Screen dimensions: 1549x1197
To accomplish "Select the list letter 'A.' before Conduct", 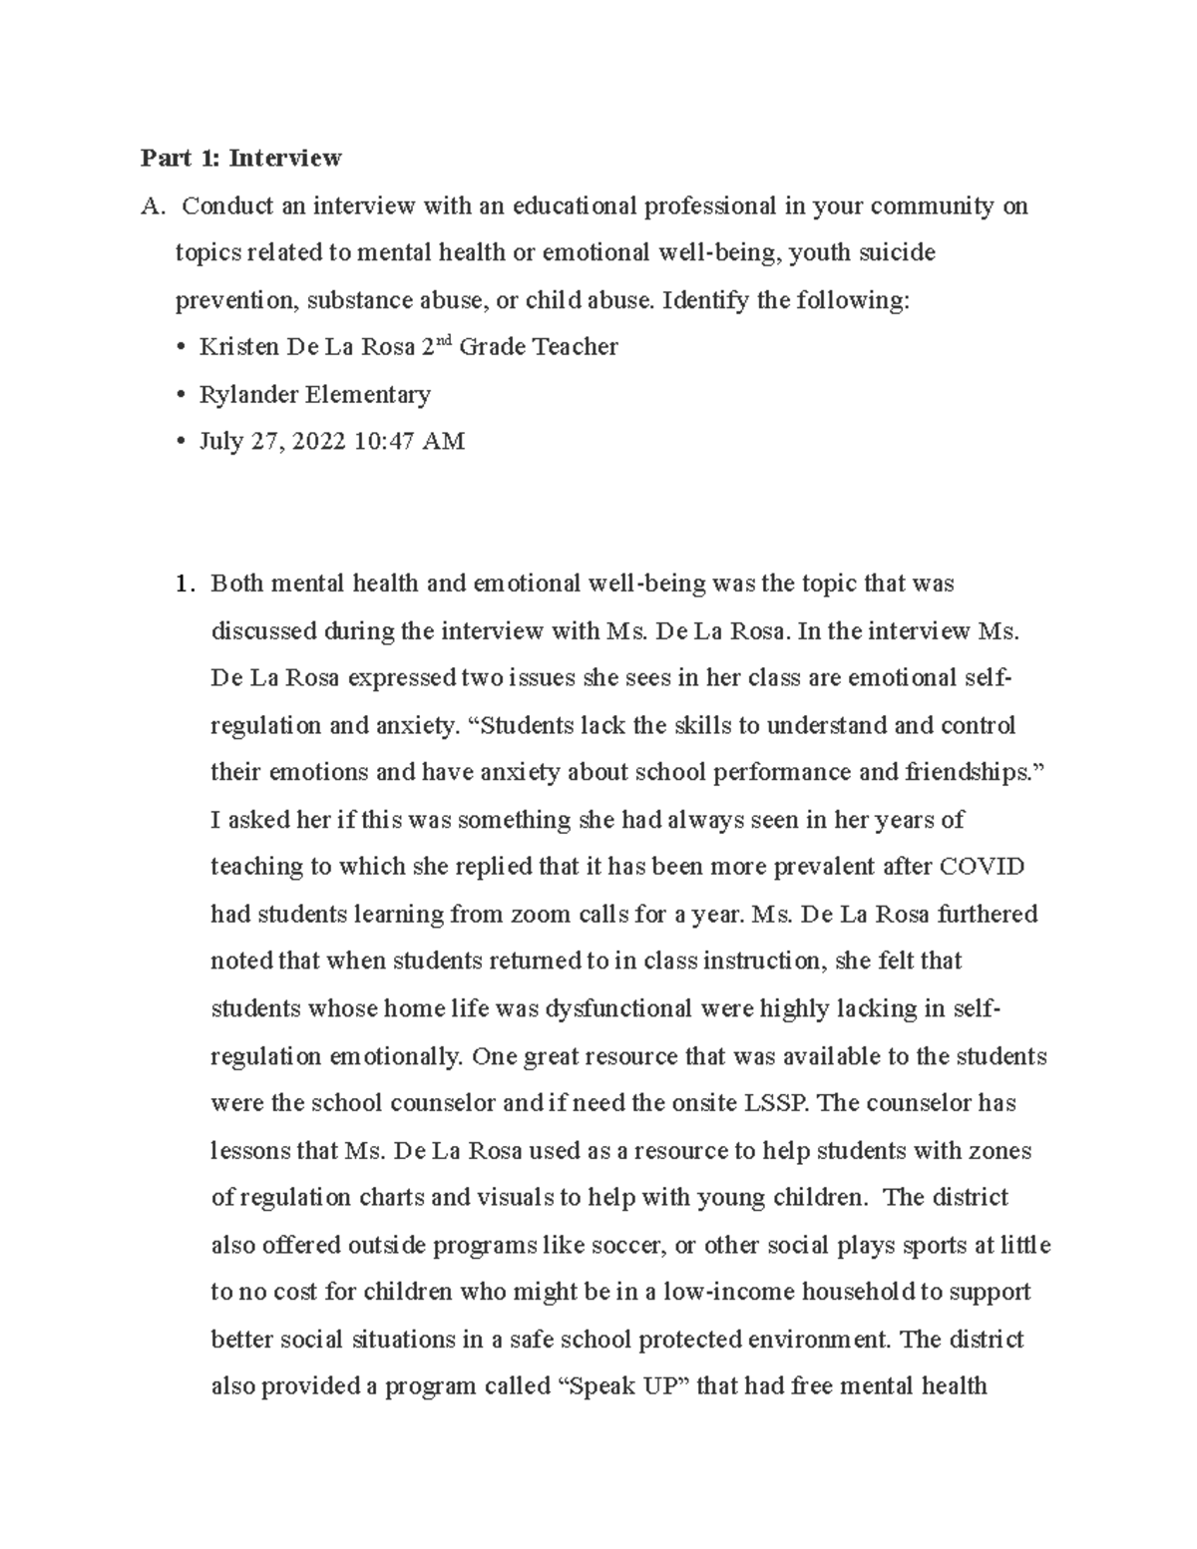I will coord(152,206).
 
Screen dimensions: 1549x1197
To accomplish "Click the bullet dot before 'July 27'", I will coord(180,442).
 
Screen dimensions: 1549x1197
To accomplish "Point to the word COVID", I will coord(982,867).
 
